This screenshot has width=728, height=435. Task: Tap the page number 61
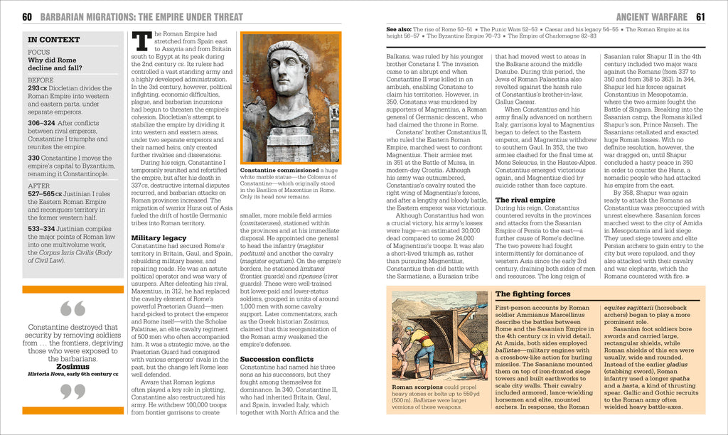tap(700, 16)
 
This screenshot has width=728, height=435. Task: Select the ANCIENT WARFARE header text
tap(652, 16)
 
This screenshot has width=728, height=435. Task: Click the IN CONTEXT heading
tap(53, 40)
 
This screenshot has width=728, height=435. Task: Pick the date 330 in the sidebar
tap(33, 157)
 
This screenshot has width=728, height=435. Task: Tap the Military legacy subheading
tap(159, 237)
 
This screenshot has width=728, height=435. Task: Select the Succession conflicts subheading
tap(277, 359)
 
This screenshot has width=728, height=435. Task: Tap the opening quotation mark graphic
tap(73, 308)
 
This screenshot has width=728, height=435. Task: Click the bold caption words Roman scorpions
tap(417, 387)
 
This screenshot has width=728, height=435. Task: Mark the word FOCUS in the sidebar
tap(38, 53)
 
